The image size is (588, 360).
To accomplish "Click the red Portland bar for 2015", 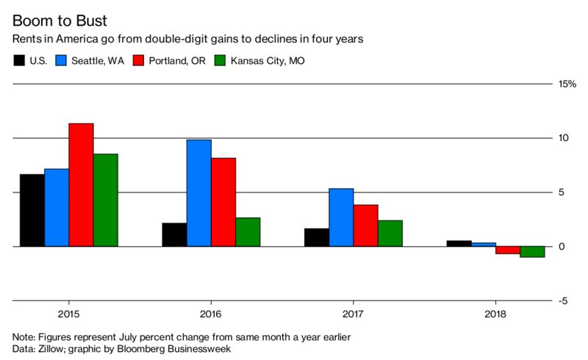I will click(81, 184).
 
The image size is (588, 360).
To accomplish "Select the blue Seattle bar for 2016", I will click(198, 192).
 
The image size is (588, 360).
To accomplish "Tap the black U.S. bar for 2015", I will click(32, 210).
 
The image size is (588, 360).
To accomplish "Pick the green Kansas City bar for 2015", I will click(106, 200).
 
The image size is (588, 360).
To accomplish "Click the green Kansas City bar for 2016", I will click(248, 231).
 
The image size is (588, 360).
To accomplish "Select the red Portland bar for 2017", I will click(365, 226).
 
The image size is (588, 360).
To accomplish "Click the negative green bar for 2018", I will click(532, 252).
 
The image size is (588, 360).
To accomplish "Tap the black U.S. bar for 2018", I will click(459, 243).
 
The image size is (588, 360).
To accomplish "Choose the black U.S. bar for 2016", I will click(174, 234).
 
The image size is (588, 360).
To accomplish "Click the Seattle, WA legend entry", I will click(95, 61).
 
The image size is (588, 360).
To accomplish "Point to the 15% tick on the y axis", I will click(567, 84).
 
